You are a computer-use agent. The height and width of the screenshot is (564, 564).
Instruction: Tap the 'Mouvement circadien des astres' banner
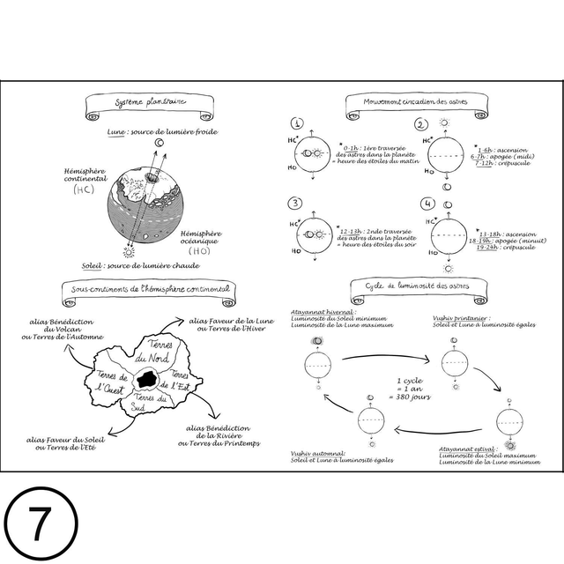click(x=416, y=103)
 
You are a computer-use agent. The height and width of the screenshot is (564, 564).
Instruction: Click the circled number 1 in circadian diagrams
click(x=298, y=124)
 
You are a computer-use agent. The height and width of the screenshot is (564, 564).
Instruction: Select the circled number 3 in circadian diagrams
click(x=295, y=204)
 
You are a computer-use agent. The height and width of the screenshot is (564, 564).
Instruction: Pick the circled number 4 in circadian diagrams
click(x=427, y=204)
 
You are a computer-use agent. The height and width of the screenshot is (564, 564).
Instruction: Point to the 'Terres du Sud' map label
click(x=150, y=404)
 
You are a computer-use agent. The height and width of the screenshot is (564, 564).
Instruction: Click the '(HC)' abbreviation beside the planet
click(x=84, y=189)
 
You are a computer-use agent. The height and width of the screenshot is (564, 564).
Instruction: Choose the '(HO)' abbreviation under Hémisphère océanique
click(x=200, y=251)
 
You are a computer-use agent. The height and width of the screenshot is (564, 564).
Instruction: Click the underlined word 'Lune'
click(x=115, y=131)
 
